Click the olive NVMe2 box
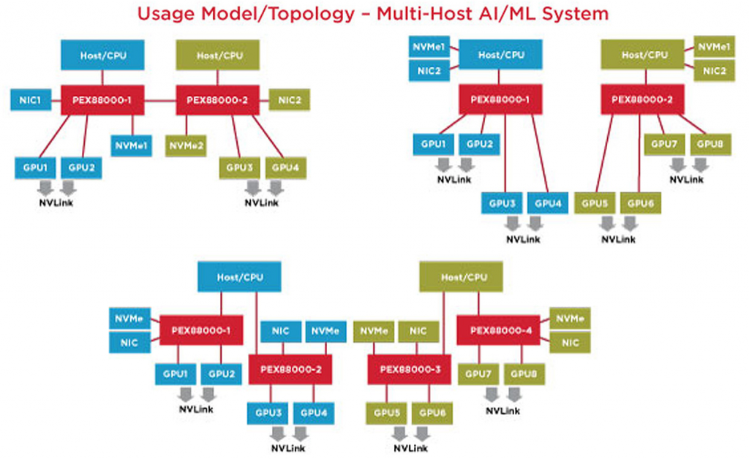[x=186, y=145]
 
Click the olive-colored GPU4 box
[x=285, y=167]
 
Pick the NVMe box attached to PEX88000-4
[x=569, y=318]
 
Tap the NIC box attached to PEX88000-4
[x=569, y=341]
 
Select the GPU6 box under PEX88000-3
[x=432, y=413]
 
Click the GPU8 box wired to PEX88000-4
[x=524, y=374]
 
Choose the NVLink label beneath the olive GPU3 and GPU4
[x=262, y=202]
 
